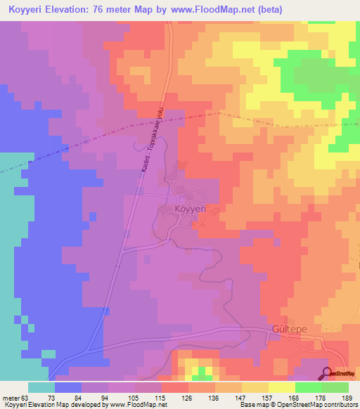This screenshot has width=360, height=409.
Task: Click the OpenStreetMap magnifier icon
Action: pos(327,374)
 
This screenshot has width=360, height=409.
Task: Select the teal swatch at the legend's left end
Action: pos(41,387)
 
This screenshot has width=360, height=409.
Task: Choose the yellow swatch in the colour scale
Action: pos(281,387)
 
